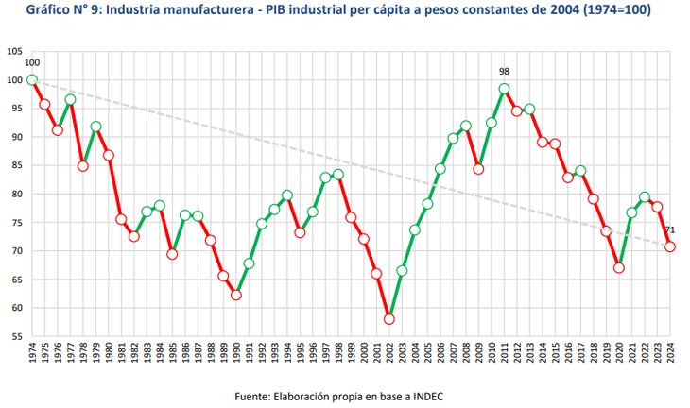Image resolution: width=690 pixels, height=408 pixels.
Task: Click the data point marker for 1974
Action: [32, 80]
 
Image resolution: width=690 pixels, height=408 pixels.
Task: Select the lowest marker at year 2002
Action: [389, 319]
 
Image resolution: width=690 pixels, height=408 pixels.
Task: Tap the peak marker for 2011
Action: [504, 89]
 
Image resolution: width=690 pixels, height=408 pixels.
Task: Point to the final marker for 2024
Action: [670, 246]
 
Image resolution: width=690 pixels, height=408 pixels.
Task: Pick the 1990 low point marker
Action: [236, 295]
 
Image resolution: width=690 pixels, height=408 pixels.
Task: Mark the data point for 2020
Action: [619, 267]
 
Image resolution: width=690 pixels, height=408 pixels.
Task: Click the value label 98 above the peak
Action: [505, 71]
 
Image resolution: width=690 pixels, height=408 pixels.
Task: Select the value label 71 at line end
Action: [670, 230]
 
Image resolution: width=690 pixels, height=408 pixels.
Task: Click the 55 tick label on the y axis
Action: [17, 336]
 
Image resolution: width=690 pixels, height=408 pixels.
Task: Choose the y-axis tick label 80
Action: [17, 195]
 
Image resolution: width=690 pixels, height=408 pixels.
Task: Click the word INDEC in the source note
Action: [426, 396]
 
